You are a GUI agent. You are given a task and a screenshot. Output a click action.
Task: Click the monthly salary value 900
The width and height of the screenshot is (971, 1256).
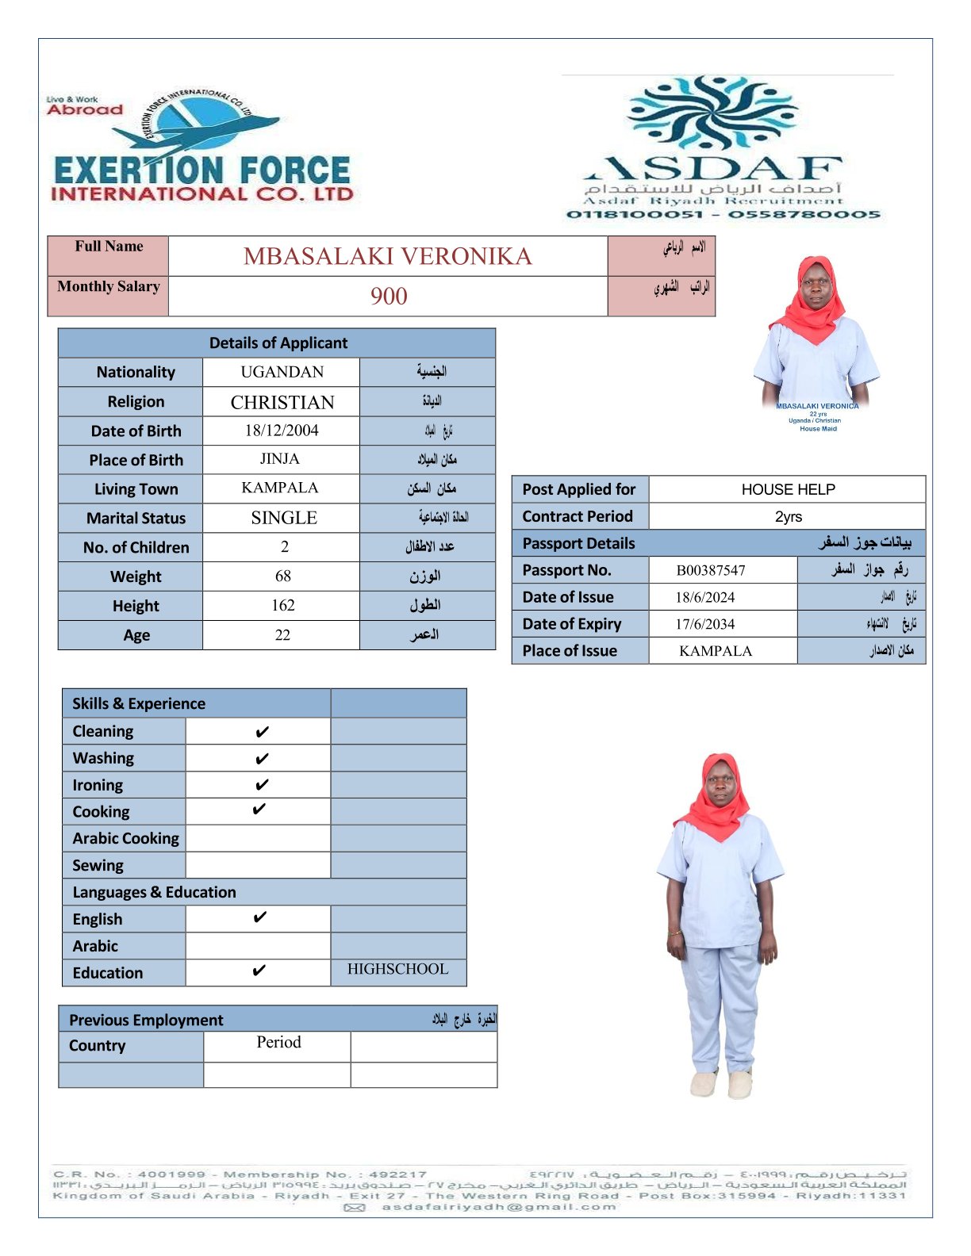(x=389, y=297)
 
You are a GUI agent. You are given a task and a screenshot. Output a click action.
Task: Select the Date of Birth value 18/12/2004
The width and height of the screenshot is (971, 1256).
(x=282, y=431)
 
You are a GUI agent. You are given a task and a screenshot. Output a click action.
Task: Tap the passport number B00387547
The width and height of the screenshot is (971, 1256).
(x=711, y=570)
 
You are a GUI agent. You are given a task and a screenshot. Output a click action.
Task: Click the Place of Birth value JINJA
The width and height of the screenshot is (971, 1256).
(x=280, y=459)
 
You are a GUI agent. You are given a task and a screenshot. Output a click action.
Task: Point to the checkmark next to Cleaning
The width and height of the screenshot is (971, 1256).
(x=262, y=732)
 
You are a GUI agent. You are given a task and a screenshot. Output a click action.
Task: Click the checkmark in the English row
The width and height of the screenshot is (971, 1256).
(x=259, y=918)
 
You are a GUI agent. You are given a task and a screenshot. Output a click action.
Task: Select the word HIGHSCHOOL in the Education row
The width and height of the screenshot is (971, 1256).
(x=397, y=969)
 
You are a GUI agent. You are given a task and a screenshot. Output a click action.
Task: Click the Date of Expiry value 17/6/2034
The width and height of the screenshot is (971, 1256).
(x=705, y=624)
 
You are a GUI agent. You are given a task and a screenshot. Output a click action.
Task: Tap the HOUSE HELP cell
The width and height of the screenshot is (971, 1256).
(x=788, y=489)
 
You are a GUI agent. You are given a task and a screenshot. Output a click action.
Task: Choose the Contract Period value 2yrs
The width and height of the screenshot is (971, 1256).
(x=788, y=517)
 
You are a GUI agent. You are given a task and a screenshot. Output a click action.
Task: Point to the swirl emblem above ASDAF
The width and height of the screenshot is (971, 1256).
(x=712, y=111)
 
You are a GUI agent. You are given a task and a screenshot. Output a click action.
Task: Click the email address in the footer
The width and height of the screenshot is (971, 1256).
(x=498, y=1207)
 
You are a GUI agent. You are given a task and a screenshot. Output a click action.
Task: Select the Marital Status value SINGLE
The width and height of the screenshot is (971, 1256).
(x=284, y=518)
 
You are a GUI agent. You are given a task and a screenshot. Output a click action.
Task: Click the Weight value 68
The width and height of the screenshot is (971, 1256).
(x=283, y=576)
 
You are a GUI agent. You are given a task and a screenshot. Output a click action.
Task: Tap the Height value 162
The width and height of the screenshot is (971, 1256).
(x=283, y=606)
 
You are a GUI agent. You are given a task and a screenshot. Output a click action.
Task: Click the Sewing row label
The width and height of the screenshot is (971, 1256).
(x=98, y=865)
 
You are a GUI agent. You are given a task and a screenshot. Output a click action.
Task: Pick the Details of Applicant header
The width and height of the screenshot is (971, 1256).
(x=278, y=343)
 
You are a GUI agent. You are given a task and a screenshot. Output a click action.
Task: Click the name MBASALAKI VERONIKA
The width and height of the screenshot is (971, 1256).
(x=387, y=256)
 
